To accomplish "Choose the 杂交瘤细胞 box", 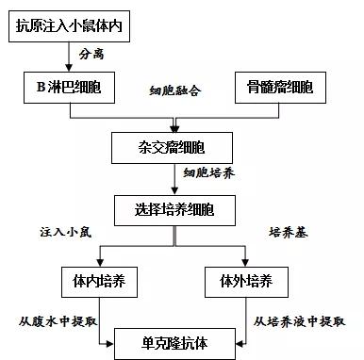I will tap(174, 148).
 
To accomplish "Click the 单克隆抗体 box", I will tap(174, 340).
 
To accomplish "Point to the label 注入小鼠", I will tap(65, 231).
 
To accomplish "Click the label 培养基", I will tap(288, 231).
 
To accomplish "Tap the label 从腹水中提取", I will tap(58, 320).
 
